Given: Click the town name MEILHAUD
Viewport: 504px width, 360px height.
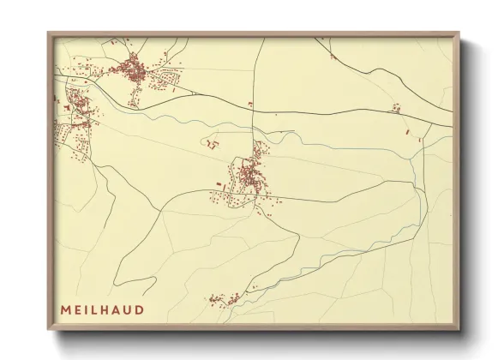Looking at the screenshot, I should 102,309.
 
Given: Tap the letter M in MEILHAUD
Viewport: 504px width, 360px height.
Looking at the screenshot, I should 65,309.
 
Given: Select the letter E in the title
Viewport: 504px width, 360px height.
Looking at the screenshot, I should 77,309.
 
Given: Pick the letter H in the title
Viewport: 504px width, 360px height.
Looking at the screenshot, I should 107,309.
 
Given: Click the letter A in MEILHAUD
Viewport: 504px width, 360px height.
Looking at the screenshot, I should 118,309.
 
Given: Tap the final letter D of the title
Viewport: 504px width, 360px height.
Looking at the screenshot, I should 140,309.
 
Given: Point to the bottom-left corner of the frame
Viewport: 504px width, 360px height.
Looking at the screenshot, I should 48,331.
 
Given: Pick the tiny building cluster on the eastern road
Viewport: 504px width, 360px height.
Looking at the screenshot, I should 395,108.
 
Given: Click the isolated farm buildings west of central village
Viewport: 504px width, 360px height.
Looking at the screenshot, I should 211,144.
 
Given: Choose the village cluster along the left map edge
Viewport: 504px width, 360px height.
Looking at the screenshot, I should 73,120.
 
